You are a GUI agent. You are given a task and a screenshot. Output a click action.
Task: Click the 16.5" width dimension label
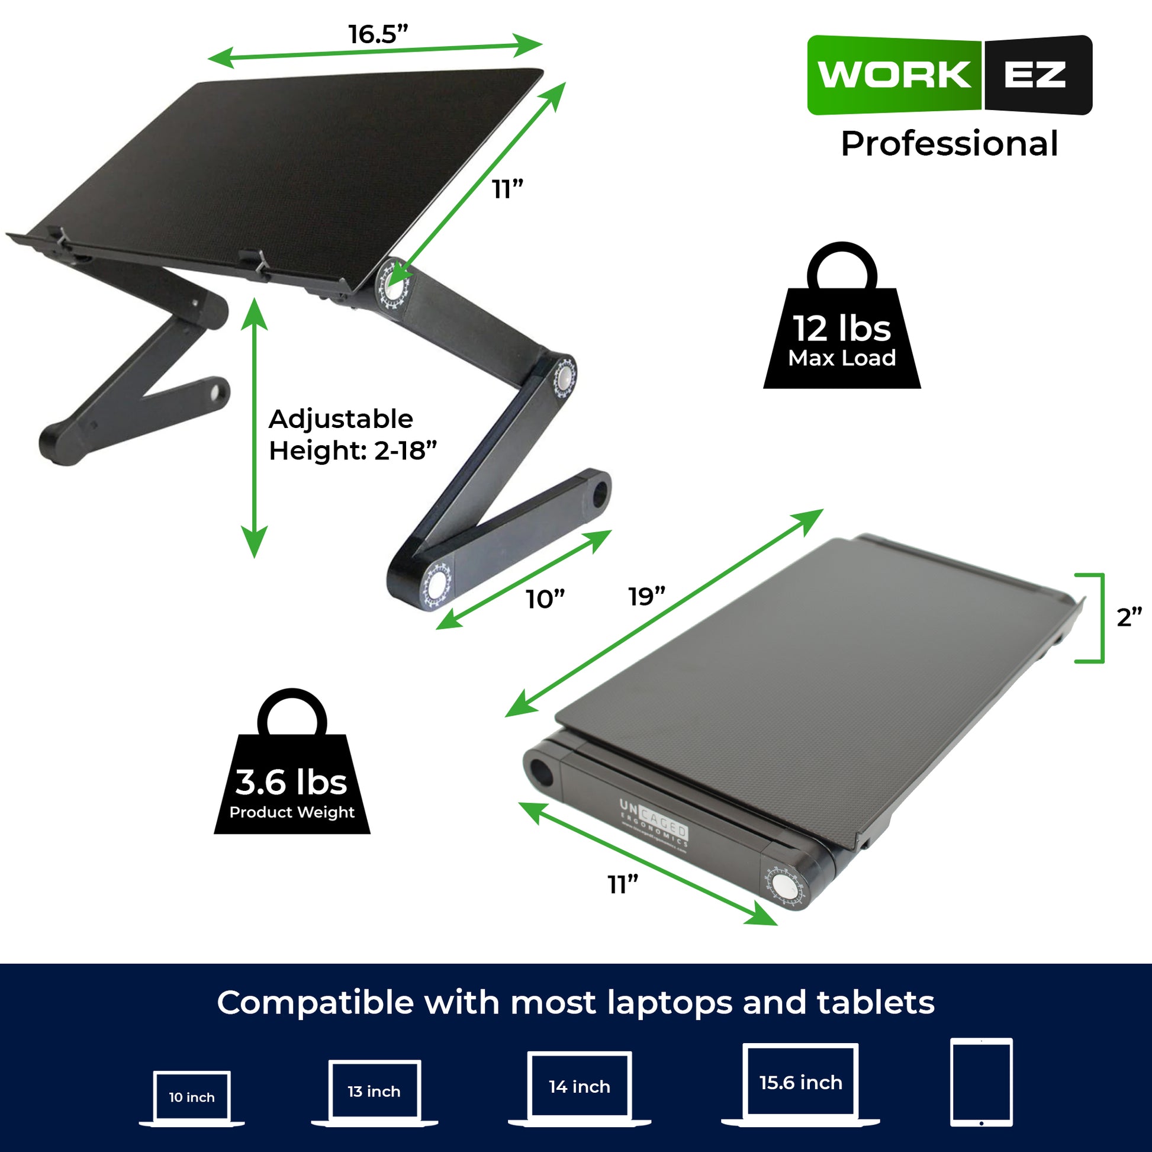pyautogui.click(x=378, y=34)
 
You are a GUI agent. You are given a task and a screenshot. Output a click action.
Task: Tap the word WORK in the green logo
pyautogui.click(x=894, y=75)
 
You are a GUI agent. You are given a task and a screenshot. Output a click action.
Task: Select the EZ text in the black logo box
pyautogui.click(x=1035, y=75)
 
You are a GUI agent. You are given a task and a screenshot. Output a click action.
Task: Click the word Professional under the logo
pyautogui.click(x=950, y=144)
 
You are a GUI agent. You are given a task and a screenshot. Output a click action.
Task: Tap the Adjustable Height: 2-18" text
pyautogui.click(x=352, y=435)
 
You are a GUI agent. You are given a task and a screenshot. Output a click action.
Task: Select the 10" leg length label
pyautogui.click(x=545, y=599)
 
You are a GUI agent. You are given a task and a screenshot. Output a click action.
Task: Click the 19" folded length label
pyautogui.click(x=646, y=596)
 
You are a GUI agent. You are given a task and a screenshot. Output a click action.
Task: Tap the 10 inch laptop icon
pyautogui.click(x=191, y=1098)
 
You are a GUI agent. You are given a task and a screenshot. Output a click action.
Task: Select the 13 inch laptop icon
pyautogui.click(x=374, y=1092)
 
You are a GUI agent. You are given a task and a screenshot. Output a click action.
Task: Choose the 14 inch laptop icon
pyautogui.click(x=579, y=1088)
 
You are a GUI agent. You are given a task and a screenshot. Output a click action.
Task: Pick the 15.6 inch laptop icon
pyautogui.click(x=800, y=1083)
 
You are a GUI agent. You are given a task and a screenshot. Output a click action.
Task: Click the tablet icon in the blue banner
pyautogui.click(x=982, y=1082)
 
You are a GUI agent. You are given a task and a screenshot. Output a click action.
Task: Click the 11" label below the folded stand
pyautogui.click(x=623, y=884)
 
